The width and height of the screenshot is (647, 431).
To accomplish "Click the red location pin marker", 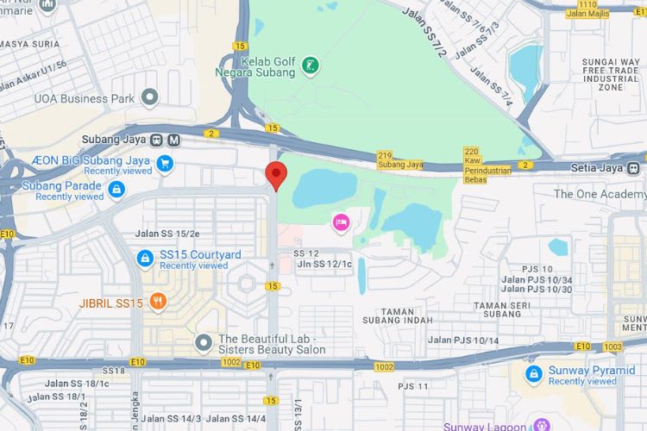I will [x=275, y=173].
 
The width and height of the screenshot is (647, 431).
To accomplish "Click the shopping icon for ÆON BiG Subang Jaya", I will [x=165, y=162].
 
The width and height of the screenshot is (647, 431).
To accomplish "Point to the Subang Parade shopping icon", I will [x=116, y=190].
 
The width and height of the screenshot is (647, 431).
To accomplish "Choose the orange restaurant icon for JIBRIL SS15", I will [x=157, y=302].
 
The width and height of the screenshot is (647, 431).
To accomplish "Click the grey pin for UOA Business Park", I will [x=150, y=97].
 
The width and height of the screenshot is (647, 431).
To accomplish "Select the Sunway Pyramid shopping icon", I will [x=534, y=373].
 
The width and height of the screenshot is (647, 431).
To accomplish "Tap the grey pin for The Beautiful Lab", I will [x=204, y=342].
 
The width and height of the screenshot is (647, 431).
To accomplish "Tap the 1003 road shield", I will [x=612, y=346].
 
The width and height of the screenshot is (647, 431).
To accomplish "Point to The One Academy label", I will [x=598, y=194].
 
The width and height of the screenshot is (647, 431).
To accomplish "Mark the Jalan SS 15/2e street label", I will [x=167, y=234].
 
